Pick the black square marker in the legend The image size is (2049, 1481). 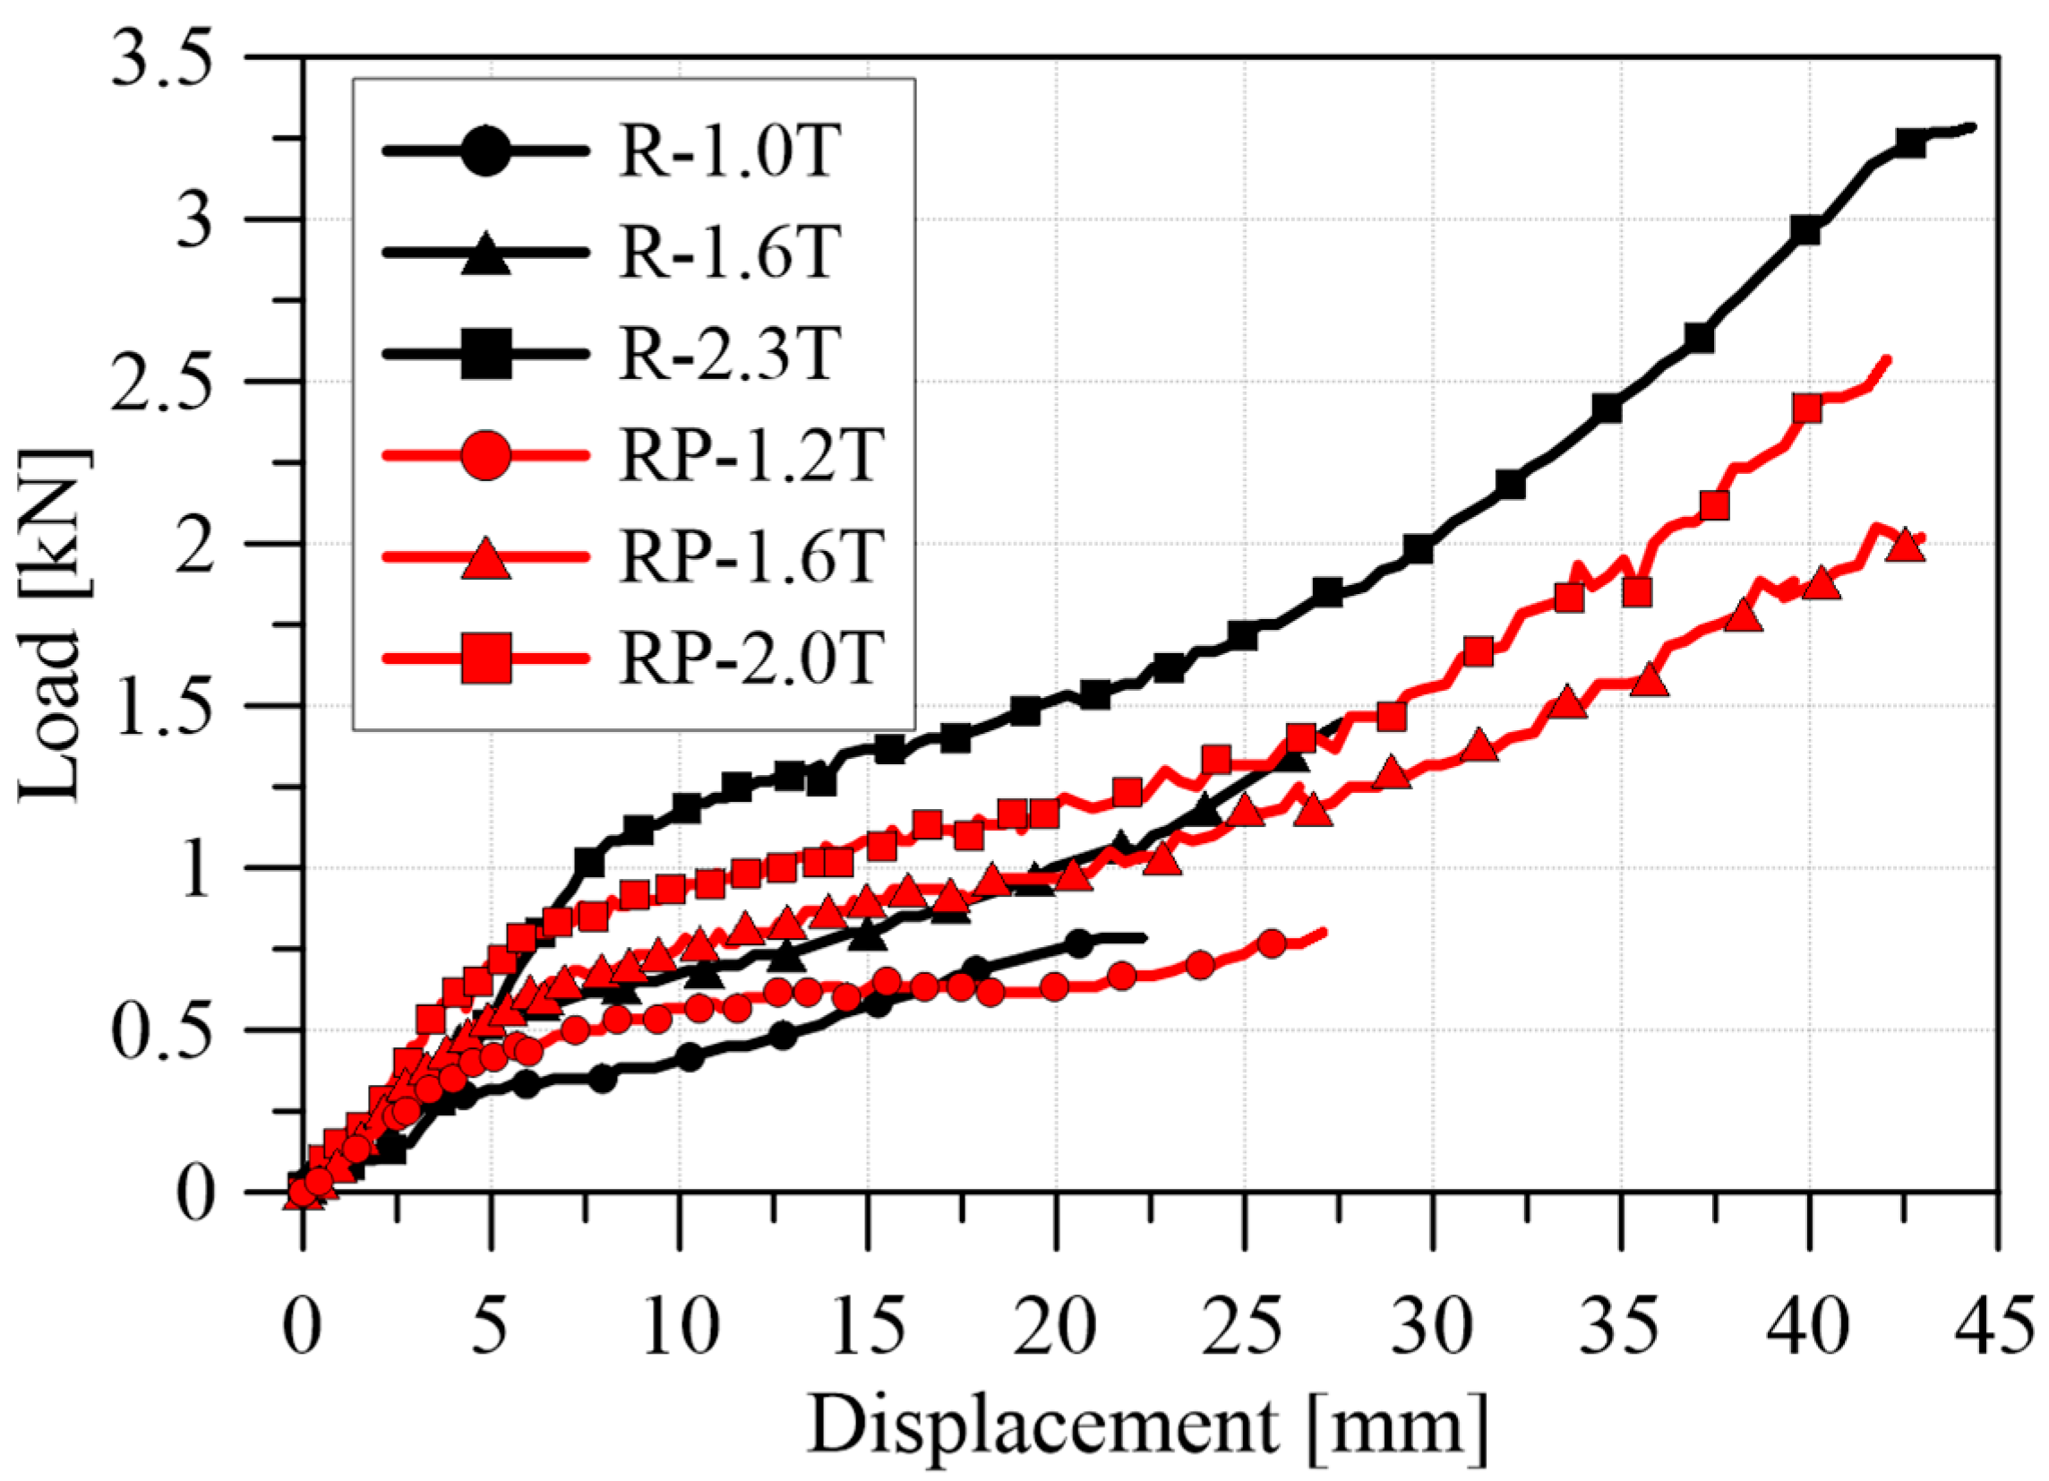[487, 354]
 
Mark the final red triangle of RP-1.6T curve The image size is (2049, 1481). [1905, 545]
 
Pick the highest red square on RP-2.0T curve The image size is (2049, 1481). [1807, 409]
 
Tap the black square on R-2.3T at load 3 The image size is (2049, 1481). [1805, 230]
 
